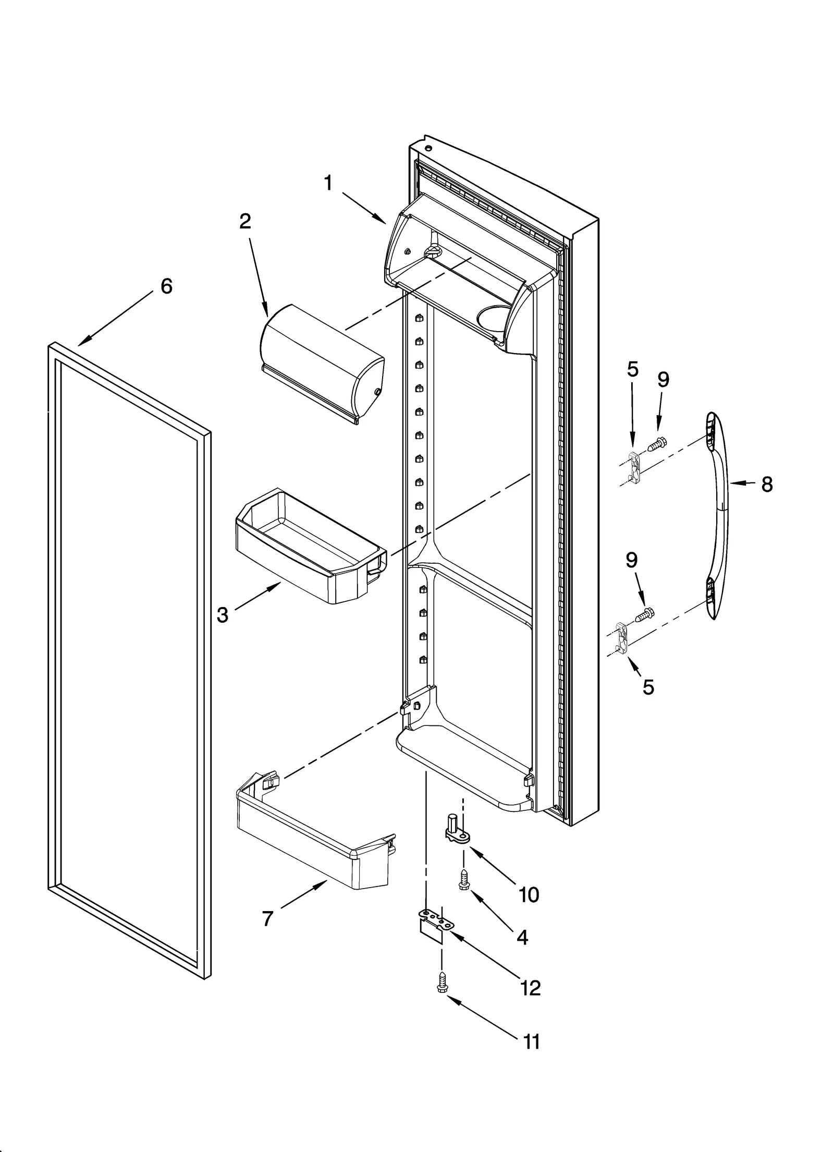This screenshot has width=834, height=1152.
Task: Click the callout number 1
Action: (x=328, y=183)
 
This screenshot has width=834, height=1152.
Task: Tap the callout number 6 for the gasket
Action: (x=166, y=286)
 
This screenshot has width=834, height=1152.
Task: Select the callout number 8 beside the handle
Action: (x=766, y=484)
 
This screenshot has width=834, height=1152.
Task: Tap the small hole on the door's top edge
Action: (x=428, y=148)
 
